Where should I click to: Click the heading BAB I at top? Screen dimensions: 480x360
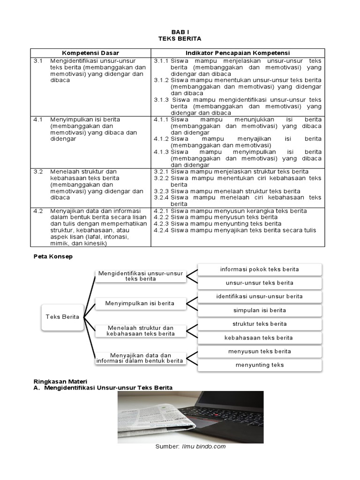(x=180, y=32)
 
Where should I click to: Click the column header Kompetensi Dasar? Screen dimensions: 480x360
(x=90, y=53)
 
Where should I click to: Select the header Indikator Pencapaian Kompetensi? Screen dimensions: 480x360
(x=238, y=53)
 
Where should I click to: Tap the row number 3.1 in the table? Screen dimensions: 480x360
(x=38, y=61)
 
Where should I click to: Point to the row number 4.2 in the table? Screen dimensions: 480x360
(x=38, y=211)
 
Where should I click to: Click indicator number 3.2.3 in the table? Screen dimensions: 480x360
(x=161, y=191)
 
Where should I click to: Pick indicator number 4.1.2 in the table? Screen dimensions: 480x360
(x=161, y=139)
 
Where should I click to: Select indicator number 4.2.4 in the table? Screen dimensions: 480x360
(x=161, y=230)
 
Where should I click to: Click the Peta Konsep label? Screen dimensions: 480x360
(x=53, y=257)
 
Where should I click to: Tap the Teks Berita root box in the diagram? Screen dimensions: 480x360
(x=63, y=316)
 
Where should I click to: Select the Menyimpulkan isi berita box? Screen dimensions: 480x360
(x=140, y=303)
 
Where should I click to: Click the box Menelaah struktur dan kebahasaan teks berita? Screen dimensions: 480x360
(x=140, y=330)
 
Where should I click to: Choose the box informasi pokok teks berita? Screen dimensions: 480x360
(x=259, y=269)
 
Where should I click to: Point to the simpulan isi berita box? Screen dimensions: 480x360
(x=259, y=310)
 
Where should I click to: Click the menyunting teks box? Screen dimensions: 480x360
(x=259, y=365)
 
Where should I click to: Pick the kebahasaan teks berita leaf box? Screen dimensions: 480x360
(x=259, y=337)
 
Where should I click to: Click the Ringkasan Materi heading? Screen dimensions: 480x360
(x=61, y=381)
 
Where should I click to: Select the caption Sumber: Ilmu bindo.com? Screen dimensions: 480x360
(x=190, y=447)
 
